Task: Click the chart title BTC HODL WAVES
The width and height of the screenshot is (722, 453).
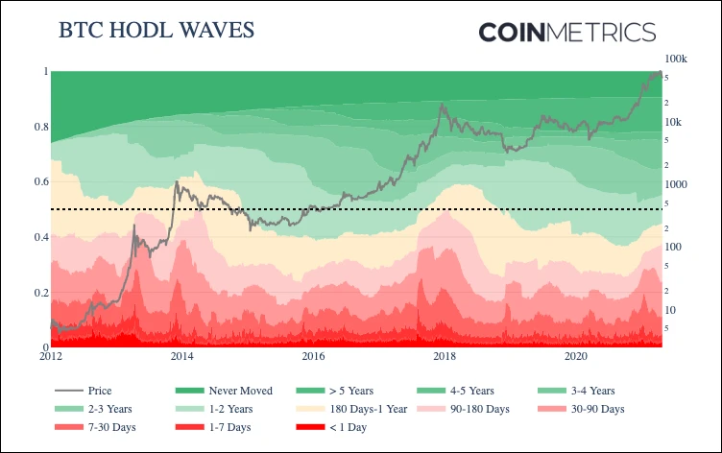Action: click(156, 30)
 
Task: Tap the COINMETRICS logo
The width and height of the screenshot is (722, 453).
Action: click(566, 32)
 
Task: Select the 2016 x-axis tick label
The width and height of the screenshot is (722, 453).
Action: click(312, 357)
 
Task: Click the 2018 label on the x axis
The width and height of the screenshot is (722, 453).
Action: click(445, 357)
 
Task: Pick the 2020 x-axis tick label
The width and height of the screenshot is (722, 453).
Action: click(576, 357)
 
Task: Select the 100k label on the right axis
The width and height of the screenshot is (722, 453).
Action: click(677, 60)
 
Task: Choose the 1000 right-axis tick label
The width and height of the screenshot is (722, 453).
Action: click(676, 184)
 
